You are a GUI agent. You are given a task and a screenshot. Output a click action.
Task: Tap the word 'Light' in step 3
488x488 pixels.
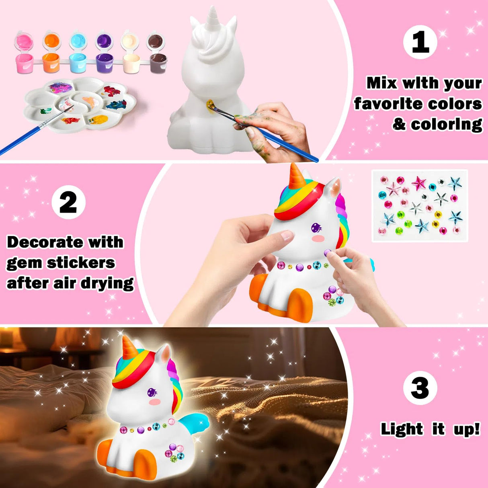[x=402, y=429]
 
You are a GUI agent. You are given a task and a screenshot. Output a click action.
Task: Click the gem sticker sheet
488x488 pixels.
[x=420, y=205]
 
